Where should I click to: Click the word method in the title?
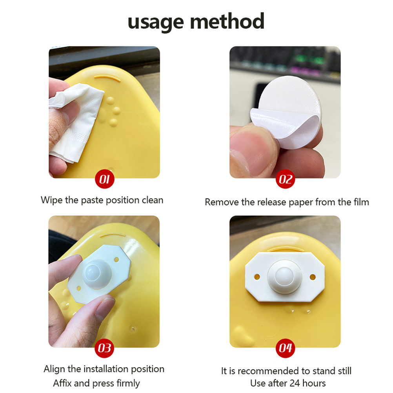[227, 21]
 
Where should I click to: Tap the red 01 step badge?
[104, 179]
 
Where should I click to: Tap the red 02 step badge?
[285, 179]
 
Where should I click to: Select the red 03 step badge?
[104, 348]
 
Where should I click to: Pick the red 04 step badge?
[285, 348]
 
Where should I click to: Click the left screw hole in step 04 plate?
[257, 277]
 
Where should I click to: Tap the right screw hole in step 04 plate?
[313, 277]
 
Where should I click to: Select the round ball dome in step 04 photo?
[284, 275]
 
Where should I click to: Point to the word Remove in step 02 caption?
[222, 202]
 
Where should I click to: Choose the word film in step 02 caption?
[361, 202]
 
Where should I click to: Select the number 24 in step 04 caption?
[295, 383]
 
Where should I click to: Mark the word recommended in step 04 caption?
[268, 371]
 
